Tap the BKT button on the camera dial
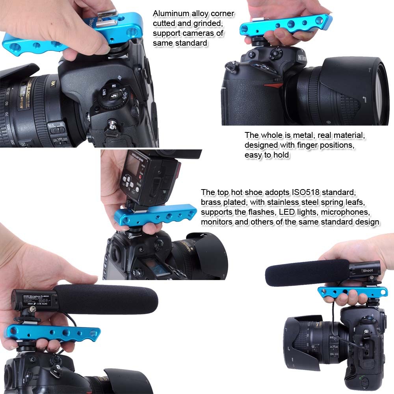[x=103, y=89]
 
